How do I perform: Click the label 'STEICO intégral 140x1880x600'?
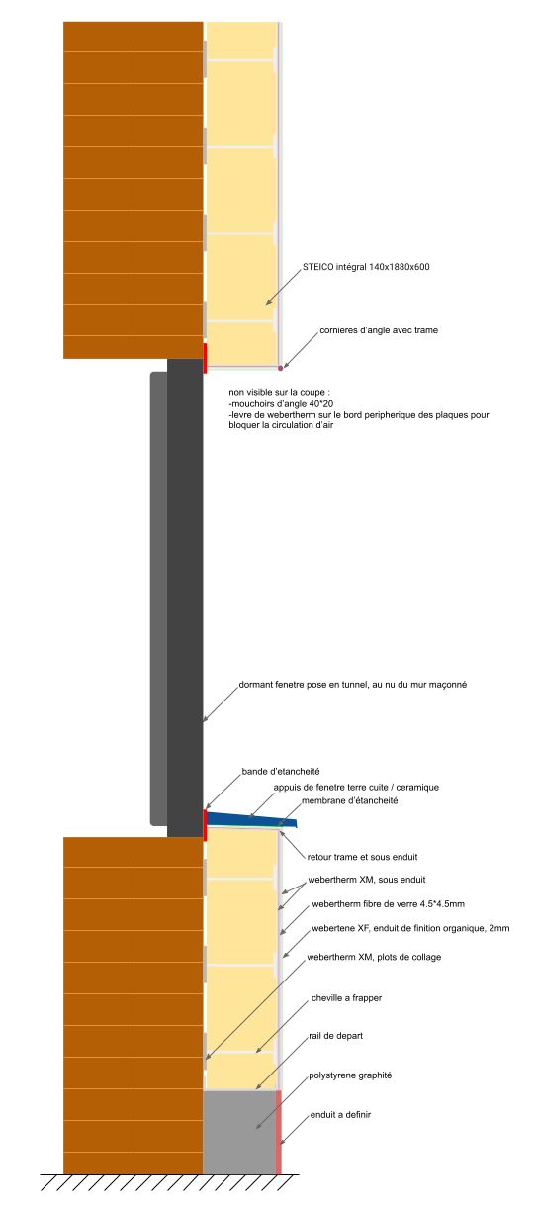point(366,267)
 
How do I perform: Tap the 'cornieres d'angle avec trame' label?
point(379,330)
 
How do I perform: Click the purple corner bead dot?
point(280,368)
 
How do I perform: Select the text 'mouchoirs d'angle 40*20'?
point(282,404)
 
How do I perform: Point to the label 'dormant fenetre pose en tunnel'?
point(304,685)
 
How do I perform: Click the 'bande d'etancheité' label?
point(280,772)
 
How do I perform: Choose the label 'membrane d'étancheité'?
point(350,800)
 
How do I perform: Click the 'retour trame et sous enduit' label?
point(362,857)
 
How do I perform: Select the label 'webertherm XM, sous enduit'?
point(367,880)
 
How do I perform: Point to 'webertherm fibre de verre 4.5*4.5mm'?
point(388,904)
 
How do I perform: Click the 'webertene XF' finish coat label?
point(410,929)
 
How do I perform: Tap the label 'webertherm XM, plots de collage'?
point(374,958)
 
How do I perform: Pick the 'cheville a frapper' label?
point(346,998)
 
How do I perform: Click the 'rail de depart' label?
point(335,1036)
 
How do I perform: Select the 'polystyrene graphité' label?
point(350,1075)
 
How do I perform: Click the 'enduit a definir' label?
point(340,1115)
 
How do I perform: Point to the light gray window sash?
point(159,599)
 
